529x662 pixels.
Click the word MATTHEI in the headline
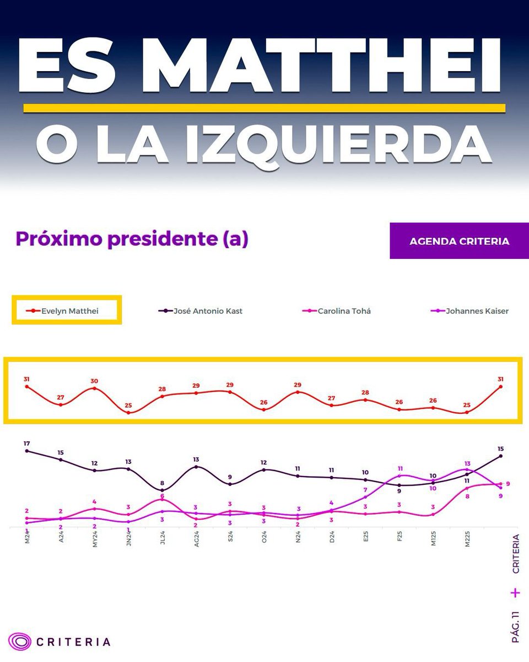(325, 67)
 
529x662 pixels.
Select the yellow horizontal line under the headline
(264, 108)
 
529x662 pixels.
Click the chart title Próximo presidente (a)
(132, 239)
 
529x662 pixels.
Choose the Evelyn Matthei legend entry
(67, 311)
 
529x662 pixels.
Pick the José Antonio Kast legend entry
(201, 311)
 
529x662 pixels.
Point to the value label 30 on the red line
(94, 381)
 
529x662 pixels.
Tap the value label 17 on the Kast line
(26, 444)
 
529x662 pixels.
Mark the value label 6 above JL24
(162, 496)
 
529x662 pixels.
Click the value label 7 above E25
(365, 490)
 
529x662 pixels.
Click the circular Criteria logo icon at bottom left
(20, 642)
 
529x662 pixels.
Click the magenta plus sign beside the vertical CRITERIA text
(515, 593)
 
